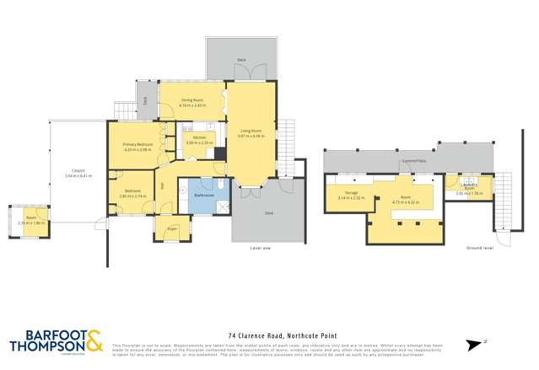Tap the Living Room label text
pos(251,131)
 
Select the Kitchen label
pos(199,137)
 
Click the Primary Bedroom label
pos(137,145)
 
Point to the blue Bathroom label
pos(203,195)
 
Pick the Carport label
pos(78,171)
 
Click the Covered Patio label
pos(412,159)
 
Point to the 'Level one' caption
pos(261,248)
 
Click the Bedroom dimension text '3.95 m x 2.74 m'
pos(132,196)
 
